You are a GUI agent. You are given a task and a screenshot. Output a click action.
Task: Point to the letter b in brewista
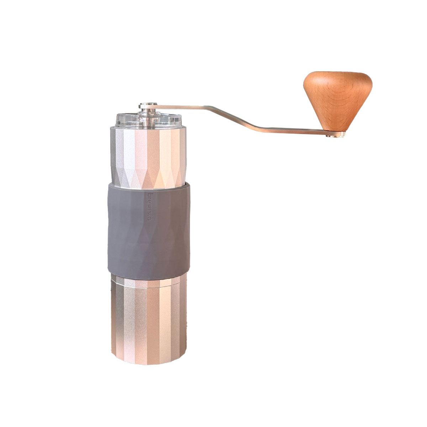[149, 195]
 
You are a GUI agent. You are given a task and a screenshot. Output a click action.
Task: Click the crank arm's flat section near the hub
[181, 106]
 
